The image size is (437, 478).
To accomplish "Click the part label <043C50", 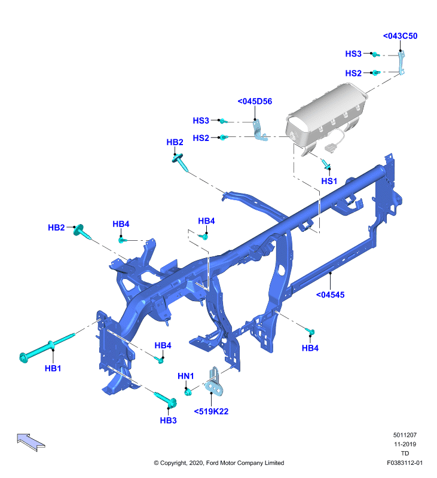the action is (x=400, y=36).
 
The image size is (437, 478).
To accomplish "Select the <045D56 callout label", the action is (x=255, y=101).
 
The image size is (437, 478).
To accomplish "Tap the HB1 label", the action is (x=53, y=368).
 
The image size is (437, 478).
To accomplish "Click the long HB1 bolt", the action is (x=47, y=347).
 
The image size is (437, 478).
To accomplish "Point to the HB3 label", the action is (x=168, y=421).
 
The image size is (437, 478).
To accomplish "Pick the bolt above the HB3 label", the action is (x=166, y=400).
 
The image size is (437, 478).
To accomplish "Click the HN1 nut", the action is (x=188, y=392).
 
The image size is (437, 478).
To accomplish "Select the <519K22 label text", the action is (x=211, y=411).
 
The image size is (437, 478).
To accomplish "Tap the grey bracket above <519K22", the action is (x=215, y=382).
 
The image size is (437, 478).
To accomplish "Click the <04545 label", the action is (x=330, y=295).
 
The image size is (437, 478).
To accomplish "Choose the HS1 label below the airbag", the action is (x=329, y=181).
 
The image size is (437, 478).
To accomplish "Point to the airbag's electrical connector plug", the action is (x=329, y=148).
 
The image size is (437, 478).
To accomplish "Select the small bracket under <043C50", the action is (x=402, y=63).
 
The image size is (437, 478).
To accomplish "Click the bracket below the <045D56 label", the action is (x=259, y=131).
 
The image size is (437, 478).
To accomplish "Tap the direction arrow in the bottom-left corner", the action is (x=31, y=442).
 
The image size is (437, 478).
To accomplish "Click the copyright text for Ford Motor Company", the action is (x=219, y=462).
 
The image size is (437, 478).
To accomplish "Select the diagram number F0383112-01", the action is (x=405, y=462).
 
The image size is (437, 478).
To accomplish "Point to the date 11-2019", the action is (x=405, y=444).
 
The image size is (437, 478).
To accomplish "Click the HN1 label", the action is (x=186, y=376).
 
